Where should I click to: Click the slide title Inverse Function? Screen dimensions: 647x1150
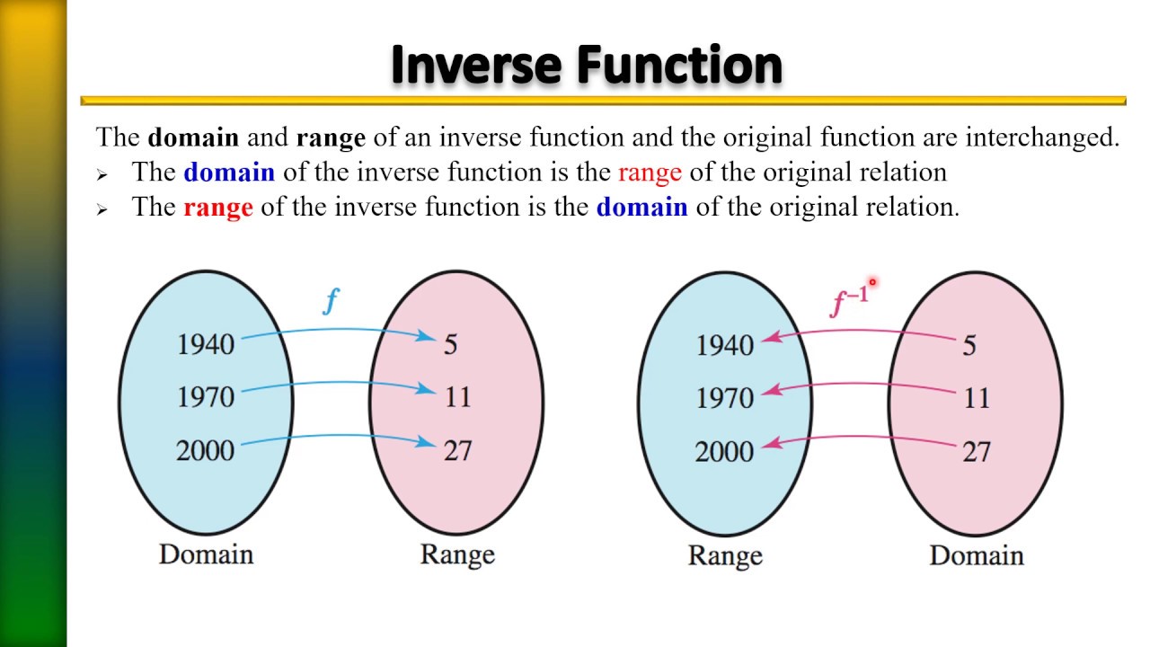[x=587, y=65]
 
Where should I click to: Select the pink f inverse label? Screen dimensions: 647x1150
[x=848, y=302]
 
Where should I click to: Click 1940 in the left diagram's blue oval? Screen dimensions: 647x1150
[x=206, y=344]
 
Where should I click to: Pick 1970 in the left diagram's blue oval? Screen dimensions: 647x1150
[x=206, y=397]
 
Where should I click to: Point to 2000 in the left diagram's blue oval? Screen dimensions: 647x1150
[x=205, y=450]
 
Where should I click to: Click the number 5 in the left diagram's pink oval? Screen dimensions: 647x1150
[x=450, y=344]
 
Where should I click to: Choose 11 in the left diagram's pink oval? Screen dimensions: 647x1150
[x=457, y=397]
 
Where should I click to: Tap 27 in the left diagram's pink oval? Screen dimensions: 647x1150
[x=457, y=450]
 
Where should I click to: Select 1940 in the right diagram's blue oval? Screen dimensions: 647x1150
[x=725, y=345]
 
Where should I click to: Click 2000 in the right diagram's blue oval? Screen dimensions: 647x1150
[x=724, y=451]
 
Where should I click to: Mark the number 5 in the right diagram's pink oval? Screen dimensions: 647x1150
[x=969, y=345]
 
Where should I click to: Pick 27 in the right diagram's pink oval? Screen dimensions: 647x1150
[x=976, y=451]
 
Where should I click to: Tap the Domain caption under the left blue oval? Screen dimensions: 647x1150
[x=206, y=554]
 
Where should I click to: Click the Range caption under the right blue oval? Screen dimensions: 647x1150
[x=725, y=555]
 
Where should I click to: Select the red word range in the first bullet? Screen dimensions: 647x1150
[x=650, y=172]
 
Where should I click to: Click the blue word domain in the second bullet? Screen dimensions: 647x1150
[x=641, y=208]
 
